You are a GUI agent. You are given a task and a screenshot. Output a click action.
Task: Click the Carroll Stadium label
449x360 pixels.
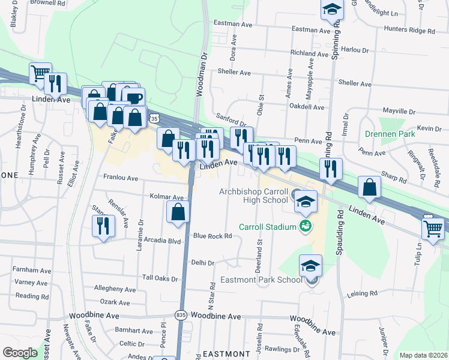(268, 227)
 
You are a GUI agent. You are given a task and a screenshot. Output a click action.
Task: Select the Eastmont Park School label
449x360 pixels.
(270, 280)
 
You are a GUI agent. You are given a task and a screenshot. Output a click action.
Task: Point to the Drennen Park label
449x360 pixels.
(388, 136)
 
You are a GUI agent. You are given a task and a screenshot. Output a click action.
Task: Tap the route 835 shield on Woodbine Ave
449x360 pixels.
(180, 315)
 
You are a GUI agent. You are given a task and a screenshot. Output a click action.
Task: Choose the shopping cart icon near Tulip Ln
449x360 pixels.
(433, 227)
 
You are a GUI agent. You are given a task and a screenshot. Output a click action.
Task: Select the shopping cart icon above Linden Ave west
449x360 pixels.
(40, 73)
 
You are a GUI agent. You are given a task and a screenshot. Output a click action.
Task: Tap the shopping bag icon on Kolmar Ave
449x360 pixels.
(178, 212)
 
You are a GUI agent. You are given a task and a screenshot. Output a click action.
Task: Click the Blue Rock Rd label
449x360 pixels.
(212, 236)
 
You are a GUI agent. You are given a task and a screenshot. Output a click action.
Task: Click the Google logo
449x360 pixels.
(20, 352)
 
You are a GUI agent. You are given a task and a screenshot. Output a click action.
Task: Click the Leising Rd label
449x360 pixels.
(361, 293)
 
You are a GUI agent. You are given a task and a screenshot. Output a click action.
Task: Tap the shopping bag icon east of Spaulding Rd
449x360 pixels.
(370, 187)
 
